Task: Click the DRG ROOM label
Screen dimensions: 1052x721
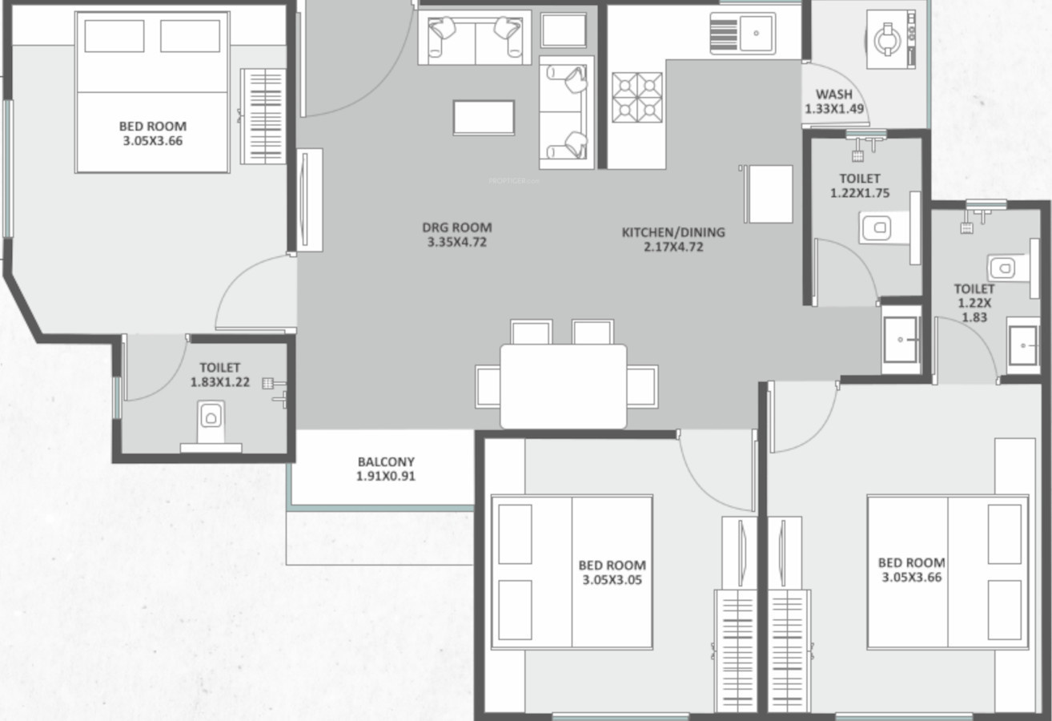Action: tap(457, 228)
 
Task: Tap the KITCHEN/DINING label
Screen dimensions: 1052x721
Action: tap(673, 232)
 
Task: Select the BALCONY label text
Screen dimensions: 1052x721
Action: tap(386, 461)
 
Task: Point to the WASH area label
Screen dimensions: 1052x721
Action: tap(834, 95)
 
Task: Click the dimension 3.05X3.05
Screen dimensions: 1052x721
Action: tap(612, 580)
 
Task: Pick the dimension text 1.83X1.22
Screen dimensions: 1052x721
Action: tap(220, 382)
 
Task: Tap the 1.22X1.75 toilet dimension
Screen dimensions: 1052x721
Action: tap(860, 193)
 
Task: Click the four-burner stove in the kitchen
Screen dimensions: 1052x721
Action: tap(637, 97)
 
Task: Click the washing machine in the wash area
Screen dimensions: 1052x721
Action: tap(891, 39)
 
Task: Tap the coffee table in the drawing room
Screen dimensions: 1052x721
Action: tap(484, 118)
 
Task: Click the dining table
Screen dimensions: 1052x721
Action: tap(564, 386)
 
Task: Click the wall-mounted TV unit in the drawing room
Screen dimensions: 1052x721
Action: tap(310, 199)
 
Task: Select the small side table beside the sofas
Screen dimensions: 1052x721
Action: tap(564, 30)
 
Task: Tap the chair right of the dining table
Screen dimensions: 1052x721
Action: tap(642, 386)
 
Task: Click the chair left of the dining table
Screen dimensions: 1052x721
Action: tap(488, 386)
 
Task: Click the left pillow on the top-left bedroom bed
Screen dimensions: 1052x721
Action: tap(114, 36)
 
